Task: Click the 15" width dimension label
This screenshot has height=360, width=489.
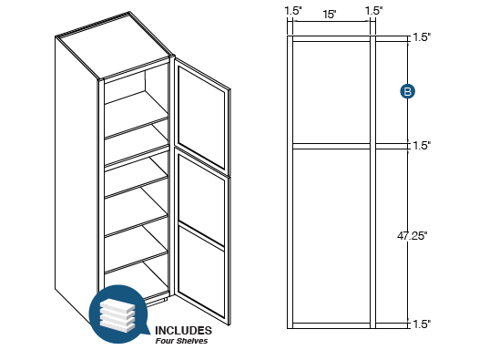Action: [x=331, y=14]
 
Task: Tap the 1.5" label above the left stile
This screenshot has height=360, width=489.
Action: [x=292, y=11]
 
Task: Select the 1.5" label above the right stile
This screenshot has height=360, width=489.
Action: [x=373, y=11]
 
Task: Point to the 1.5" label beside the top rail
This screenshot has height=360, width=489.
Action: [x=421, y=37]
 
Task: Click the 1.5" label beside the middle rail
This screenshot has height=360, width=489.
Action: [x=421, y=145]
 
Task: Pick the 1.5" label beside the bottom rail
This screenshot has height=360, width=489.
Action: [x=421, y=324]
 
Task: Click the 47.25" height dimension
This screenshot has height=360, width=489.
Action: [x=413, y=234]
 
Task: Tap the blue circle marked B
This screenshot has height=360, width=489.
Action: [x=409, y=90]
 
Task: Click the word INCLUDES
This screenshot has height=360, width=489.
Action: [x=183, y=330]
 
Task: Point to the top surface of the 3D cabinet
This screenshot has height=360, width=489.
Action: [x=114, y=50]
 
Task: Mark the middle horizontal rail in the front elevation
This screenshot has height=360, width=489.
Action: [x=331, y=145]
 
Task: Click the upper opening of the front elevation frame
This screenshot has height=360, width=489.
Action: [x=331, y=91]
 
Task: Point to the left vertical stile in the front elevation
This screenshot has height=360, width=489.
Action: [x=291, y=182]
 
